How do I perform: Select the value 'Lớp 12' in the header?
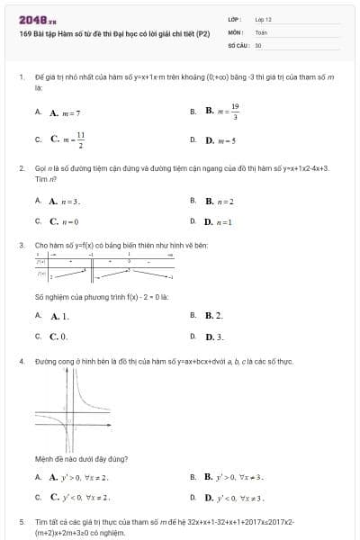(264, 19)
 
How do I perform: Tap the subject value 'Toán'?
(261, 31)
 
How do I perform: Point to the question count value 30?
(258, 44)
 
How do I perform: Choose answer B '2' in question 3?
(213, 316)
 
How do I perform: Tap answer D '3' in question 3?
(213, 337)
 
